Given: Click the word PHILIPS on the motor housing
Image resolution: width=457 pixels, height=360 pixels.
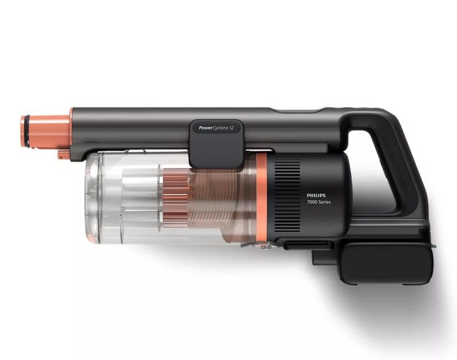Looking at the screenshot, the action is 316,195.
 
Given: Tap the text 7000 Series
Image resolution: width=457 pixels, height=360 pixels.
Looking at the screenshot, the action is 319,202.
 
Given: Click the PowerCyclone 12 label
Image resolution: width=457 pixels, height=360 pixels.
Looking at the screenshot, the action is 216,128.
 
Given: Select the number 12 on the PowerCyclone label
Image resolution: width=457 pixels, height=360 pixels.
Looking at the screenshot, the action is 231,128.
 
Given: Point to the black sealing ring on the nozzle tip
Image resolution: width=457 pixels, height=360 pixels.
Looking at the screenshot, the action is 27,131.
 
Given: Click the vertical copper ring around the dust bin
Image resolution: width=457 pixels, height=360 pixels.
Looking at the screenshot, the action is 262,199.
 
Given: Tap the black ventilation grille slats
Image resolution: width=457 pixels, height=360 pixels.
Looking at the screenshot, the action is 287,196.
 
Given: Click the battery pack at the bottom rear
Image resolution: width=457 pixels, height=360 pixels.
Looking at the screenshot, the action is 386,262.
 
